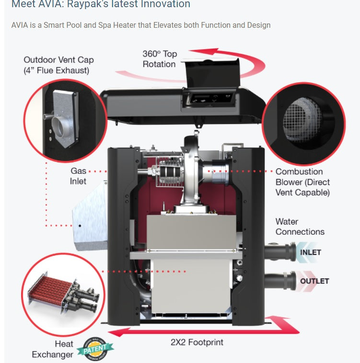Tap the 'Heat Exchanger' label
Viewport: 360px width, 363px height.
coord(53,349)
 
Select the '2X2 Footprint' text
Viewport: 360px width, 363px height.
coord(197,342)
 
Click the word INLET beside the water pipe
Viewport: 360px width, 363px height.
coord(310,252)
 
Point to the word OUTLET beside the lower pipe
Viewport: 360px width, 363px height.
coord(314,281)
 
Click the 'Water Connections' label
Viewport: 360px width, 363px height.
coord(300,227)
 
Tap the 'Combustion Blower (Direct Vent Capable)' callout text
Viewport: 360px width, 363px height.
coord(302,182)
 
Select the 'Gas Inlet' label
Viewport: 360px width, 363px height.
coord(78,176)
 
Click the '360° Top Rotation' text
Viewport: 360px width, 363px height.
coord(160,59)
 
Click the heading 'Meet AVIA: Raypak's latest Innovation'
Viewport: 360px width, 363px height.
coord(101,5)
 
